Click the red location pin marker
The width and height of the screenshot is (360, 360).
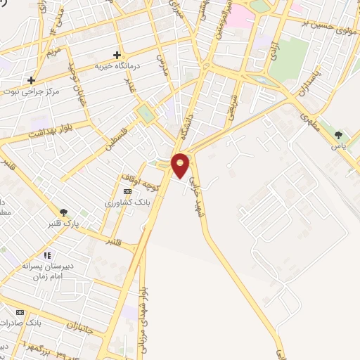pyautogui.click(x=181, y=165)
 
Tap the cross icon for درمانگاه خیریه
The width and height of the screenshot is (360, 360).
pyautogui.click(x=117, y=54)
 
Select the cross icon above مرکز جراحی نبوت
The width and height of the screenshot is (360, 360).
pyautogui.click(x=31, y=80)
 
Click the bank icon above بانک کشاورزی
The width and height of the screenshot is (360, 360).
pyautogui.click(x=127, y=191)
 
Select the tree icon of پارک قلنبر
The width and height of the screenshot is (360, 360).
pyautogui.click(x=64, y=212)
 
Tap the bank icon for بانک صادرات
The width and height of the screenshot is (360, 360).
pyautogui.click(x=20, y=312)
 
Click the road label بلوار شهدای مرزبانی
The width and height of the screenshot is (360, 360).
pyautogui.click(x=145, y=309)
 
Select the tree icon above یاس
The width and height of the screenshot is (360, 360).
pyautogui.click(x=339, y=135)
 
